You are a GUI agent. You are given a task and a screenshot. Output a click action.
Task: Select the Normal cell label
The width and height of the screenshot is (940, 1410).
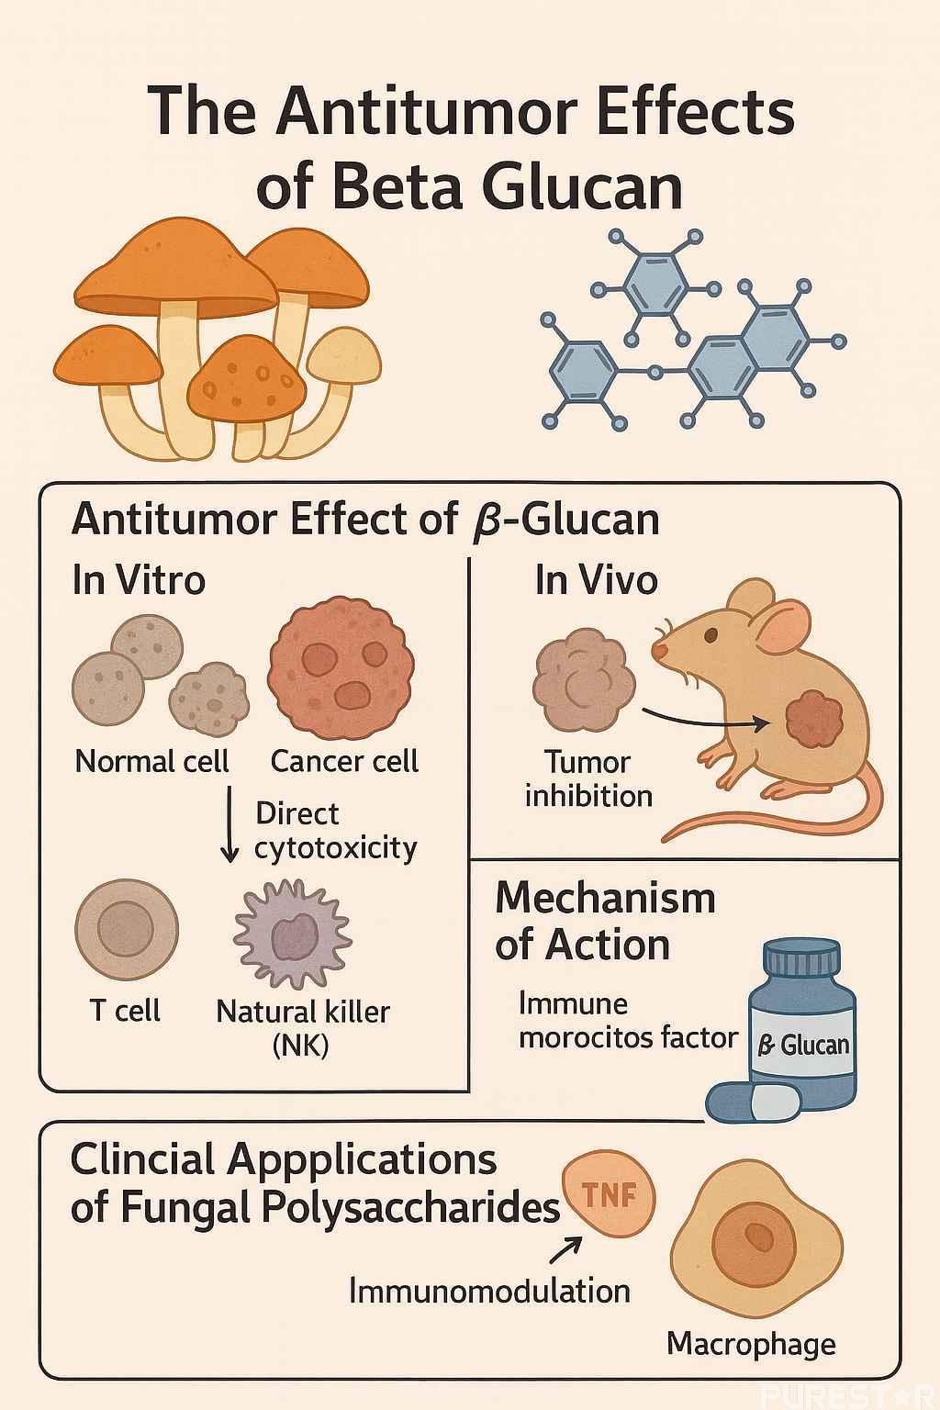click(151, 762)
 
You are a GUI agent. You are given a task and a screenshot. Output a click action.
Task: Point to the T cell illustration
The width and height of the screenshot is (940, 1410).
click(126, 930)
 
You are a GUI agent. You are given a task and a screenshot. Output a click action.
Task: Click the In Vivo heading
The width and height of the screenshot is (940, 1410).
click(597, 581)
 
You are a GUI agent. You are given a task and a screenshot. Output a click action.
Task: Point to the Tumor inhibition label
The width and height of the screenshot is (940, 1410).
click(588, 778)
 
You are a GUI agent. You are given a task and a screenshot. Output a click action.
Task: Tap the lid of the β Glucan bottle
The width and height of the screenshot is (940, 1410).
click(801, 960)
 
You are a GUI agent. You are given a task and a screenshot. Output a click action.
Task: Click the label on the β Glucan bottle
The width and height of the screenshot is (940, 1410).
click(802, 1044)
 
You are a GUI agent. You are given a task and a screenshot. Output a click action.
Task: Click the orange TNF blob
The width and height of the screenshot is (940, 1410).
click(610, 1194)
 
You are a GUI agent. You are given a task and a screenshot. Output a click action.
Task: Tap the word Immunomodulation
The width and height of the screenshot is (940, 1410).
click(489, 1292)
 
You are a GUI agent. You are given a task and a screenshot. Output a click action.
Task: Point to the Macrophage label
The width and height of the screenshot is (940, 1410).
click(751, 1344)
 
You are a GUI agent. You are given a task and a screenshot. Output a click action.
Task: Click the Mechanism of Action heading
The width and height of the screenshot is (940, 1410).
click(605, 921)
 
